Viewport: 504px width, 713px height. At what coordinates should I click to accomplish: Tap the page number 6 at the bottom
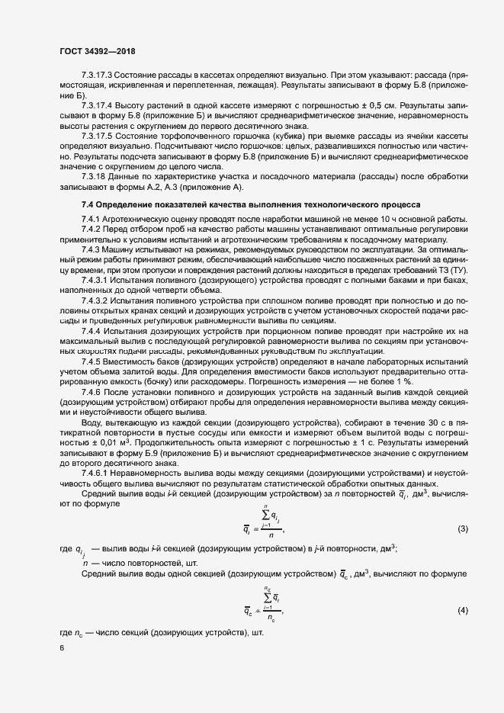(61, 648)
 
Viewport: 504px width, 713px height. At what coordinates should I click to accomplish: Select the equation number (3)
(461, 528)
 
